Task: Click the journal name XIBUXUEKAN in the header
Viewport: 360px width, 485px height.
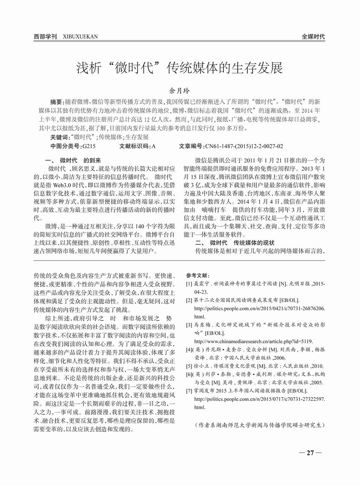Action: (x=80, y=37)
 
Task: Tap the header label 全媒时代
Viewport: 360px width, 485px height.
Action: (x=313, y=37)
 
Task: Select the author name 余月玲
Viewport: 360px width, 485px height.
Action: (x=180, y=91)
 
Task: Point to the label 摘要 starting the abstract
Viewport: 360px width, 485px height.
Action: (x=56, y=101)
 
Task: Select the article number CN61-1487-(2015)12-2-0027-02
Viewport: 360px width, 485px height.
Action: (x=244, y=146)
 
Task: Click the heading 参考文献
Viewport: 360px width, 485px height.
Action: (x=197, y=276)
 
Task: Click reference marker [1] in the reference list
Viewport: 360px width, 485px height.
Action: (x=189, y=283)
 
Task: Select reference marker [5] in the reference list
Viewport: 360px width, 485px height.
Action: (x=189, y=365)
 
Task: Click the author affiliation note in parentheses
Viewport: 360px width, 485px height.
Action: (x=259, y=425)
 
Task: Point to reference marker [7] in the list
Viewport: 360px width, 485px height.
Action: (x=189, y=390)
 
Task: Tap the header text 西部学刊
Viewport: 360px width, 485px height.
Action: (x=45, y=37)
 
